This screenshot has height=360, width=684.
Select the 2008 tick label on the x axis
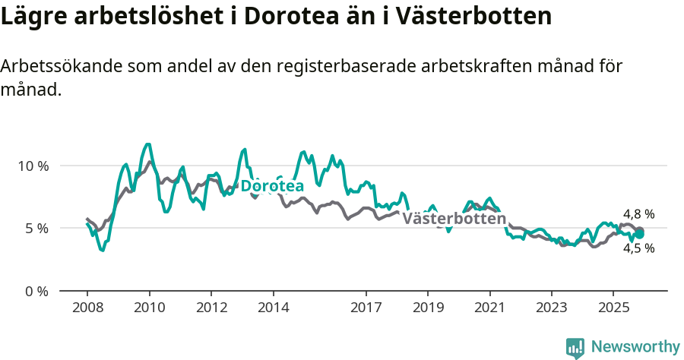click(87, 309)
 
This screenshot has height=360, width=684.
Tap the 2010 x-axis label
click(149, 309)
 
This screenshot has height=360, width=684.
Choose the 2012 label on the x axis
click(211, 309)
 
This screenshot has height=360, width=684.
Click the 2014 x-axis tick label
click(273, 309)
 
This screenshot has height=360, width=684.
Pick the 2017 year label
click(366, 309)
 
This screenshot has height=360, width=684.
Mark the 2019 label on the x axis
click(428, 309)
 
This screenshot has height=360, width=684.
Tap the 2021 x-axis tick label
click(489, 309)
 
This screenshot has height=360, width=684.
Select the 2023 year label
click(552, 309)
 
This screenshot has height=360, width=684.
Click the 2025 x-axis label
click(613, 309)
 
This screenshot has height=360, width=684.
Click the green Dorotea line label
click(272, 186)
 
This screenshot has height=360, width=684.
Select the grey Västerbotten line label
click(454, 219)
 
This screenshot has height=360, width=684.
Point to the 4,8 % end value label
click(638, 214)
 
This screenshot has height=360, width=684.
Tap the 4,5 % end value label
click(638, 248)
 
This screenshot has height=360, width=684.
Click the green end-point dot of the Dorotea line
click(640, 234)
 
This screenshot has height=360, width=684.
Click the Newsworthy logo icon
click(575, 347)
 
